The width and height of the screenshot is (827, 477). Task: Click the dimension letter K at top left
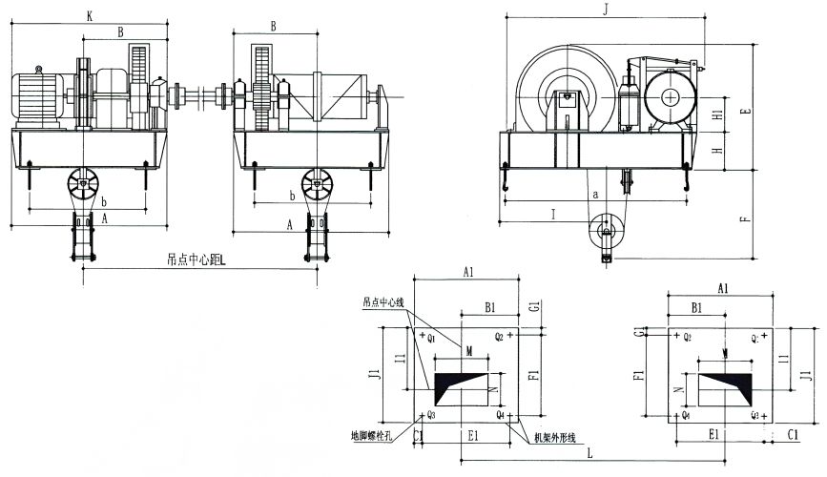coord(90,16)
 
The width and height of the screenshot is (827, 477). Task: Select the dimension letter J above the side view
coord(608,10)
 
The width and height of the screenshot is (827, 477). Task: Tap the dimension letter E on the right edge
coord(746,110)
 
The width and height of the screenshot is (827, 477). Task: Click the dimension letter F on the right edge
coord(746,217)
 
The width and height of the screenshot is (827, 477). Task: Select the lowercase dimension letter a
coord(596,194)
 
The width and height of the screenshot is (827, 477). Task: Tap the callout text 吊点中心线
coord(383,302)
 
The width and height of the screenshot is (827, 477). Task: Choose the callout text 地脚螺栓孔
coord(375,435)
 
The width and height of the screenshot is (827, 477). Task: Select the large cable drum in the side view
coord(566,94)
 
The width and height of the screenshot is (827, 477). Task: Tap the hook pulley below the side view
coord(604,231)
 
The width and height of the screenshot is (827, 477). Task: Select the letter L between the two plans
coord(591,453)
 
